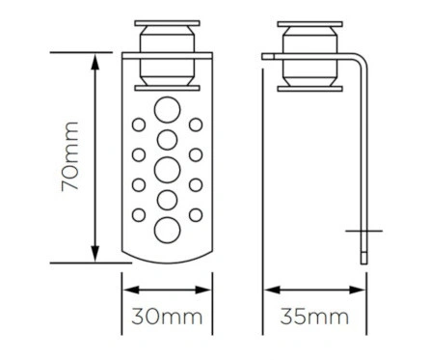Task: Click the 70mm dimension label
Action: tap(70, 156)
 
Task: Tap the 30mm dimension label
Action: tap(167, 317)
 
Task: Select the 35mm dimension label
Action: tap(314, 317)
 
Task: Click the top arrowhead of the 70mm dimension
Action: tap(94, 62)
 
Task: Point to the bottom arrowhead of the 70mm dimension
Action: tap(94, 254)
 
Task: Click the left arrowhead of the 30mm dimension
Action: tap(132, 290)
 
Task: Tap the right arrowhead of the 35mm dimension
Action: tap(358, 290)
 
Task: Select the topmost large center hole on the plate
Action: tap(167, 110)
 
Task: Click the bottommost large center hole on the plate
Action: tap(167, 230)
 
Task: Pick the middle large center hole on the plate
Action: tap(167, 170)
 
